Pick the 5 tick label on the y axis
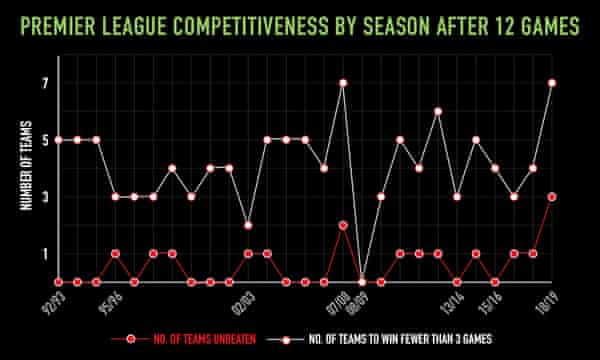tap(45, 140)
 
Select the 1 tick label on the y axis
tap(45, 254)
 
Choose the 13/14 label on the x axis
tap(447, 299)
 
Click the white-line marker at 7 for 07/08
tap(343, 83)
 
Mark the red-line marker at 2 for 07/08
tap(343, 225)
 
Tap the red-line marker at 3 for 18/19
tap(552, 197)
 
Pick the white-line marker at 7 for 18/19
tap(552, 83)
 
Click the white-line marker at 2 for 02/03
tap(248, 225)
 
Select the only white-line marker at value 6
tap(438, 111)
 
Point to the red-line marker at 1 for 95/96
tap(115, 253)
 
